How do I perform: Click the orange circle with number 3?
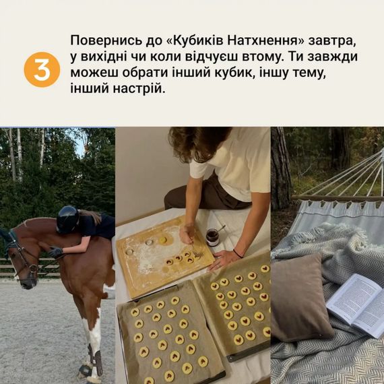(42, 69)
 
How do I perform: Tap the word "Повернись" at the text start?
(103, 39)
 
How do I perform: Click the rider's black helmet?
(68, 219)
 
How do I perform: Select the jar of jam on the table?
(213, 236)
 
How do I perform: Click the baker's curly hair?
(199, 142)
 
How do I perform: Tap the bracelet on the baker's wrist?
(237, 253)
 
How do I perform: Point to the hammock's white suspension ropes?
(350, 175)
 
